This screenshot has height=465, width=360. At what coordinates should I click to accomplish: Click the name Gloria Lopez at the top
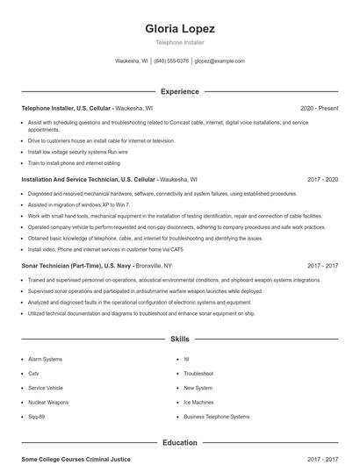coord(180,28)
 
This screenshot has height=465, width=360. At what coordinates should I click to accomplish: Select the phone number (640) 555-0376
coord(171,61)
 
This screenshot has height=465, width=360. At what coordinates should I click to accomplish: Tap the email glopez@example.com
coord(220,61)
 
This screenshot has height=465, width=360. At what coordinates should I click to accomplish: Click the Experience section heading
coord(179,91)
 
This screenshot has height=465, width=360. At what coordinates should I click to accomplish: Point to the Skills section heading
coord(179,339)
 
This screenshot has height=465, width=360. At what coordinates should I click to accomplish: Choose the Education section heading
coord(179,443)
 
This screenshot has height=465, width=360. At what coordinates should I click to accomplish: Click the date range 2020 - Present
coord(319,108)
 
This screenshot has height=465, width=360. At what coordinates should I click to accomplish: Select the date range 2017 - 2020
coord(322,178)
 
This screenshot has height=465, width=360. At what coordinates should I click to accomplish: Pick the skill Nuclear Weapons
coord(47,403)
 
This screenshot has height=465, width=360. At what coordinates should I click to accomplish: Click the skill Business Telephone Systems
coord(216,418)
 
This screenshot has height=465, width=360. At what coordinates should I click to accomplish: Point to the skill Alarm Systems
coord(45,359)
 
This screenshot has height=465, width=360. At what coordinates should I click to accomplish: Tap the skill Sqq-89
coord(37,418)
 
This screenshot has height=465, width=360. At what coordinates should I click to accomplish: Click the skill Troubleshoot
coord(198,373)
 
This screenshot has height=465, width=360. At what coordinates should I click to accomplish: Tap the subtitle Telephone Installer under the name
coord(179,42)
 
